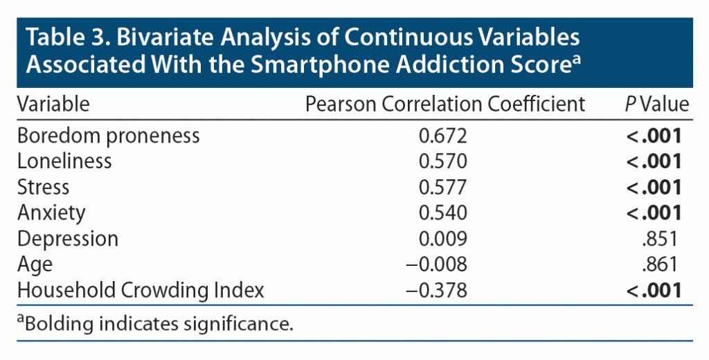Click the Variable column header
tap(53, 105)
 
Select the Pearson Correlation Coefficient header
tap(445, 105)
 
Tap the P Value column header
tap(656, 105)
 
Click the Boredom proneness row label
tap(109, 136)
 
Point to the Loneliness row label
tap(64, 161)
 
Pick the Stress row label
tap(43, 187)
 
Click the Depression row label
tap(68, 239)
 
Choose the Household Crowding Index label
tap(141, 290)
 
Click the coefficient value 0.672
tap(444, 136)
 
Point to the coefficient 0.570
tap(444, 161)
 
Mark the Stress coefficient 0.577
tap(444, 187)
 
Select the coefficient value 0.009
tap(444, 239)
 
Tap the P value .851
tap(659, 239)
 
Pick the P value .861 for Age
tap(659, 264)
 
